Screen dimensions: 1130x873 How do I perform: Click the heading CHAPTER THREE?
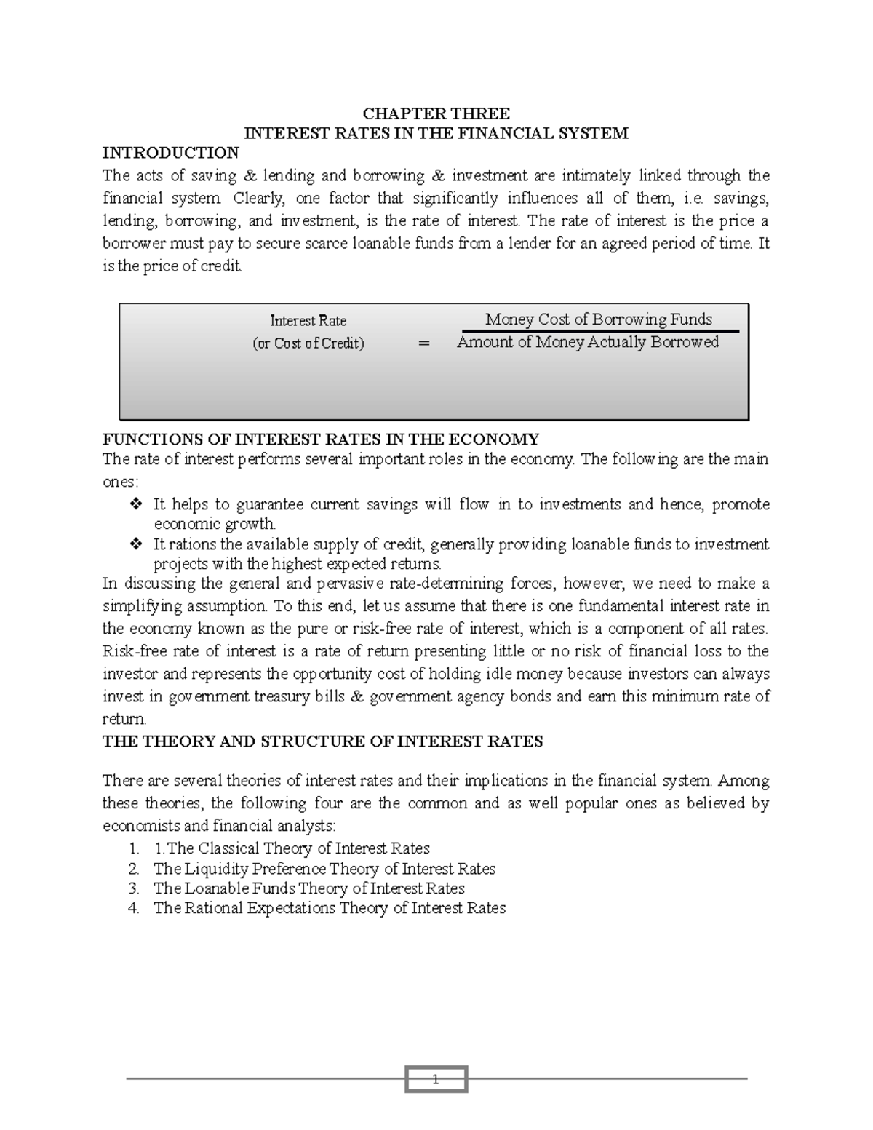[x=436, y=114]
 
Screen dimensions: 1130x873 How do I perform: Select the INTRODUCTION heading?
[x=170, y=153]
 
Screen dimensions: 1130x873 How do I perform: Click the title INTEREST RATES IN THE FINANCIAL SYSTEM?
[x=436, y=133]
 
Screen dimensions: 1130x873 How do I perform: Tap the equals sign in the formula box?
[x=425, y=343]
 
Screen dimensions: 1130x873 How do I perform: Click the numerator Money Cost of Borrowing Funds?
[x=598, y=319]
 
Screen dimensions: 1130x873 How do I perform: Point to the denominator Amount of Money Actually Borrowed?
[x=587, y=342]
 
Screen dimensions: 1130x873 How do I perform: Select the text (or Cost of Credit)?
[x=308, y=343]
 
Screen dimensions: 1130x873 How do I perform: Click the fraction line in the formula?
[x=598, y=331]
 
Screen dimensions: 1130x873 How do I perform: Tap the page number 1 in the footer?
[x=436, y=1080]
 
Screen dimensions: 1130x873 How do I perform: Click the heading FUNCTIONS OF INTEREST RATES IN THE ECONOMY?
[x=321, y=439]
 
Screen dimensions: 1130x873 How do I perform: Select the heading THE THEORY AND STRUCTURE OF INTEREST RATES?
[x=322, y=742]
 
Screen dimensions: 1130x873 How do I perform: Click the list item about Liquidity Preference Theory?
[x=324, y=869]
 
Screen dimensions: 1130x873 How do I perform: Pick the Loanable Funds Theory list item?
[x=308, y=888]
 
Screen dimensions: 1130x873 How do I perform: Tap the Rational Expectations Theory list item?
[x=329, y=908]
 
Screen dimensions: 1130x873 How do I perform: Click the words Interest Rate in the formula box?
[x=308, y=321]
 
